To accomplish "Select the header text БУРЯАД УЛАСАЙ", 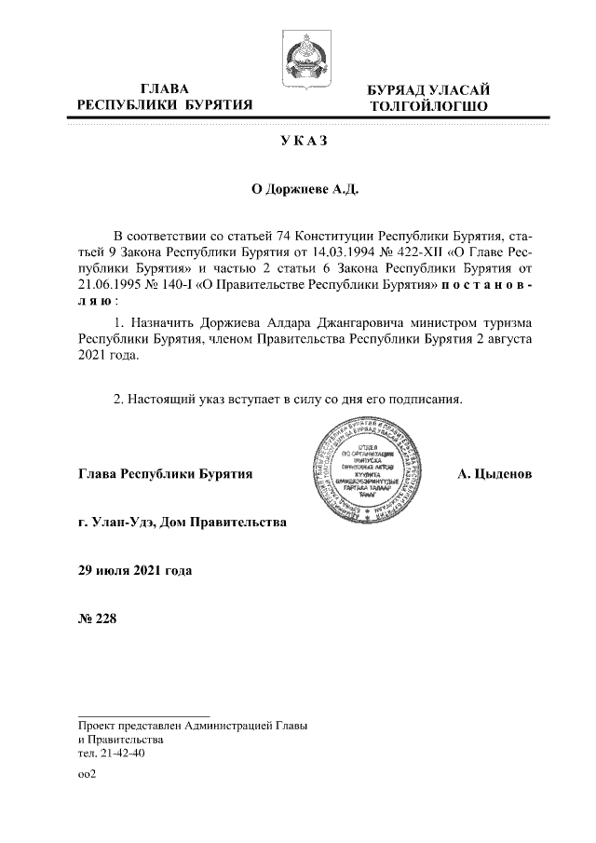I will click(427, 89).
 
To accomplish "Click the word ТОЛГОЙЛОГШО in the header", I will click(427, 106).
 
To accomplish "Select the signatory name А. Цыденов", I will click(494, 474).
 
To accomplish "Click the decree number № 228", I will click(98, 619).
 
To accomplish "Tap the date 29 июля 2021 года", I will click(136, 570).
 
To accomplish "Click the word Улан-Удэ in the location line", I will click(121, 523).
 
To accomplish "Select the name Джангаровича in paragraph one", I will click(339, 321).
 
